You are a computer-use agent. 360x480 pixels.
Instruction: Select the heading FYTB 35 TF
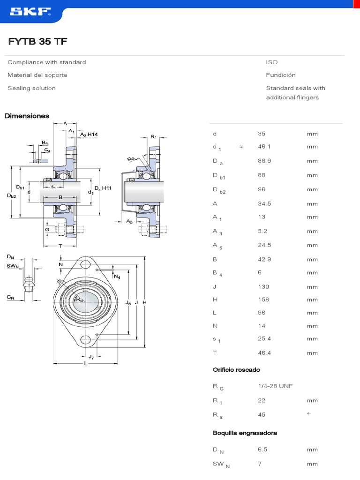[x=37, y=42]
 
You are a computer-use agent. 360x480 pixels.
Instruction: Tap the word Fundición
[x=281, y=75]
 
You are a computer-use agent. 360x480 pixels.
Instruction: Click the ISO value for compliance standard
[x=272, y=62]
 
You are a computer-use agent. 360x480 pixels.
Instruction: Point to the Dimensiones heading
[x=27, y=116]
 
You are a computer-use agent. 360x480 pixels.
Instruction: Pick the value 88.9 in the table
[x=264, y=161]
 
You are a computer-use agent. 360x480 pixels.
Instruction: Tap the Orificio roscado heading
[x=236, y=370]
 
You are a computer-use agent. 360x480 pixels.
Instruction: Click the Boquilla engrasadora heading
[x=245, y=433]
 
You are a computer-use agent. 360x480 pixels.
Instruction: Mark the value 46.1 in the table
[x=264, y=147]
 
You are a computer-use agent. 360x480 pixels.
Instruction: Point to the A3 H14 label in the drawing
[x=89, y=135]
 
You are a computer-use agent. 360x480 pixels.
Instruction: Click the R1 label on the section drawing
[x=153, y=137]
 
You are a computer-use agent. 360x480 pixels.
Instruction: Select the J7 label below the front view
[x=91, y=358]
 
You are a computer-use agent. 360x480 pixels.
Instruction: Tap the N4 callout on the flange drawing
[x=117, y=277]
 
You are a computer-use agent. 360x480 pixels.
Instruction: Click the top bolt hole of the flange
[x=85, y=264]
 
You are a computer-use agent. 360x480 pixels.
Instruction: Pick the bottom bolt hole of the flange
[x=85, y=340]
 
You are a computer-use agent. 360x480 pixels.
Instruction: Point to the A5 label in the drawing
[x=129, y=221]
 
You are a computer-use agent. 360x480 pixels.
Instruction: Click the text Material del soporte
[x=37, y=75]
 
